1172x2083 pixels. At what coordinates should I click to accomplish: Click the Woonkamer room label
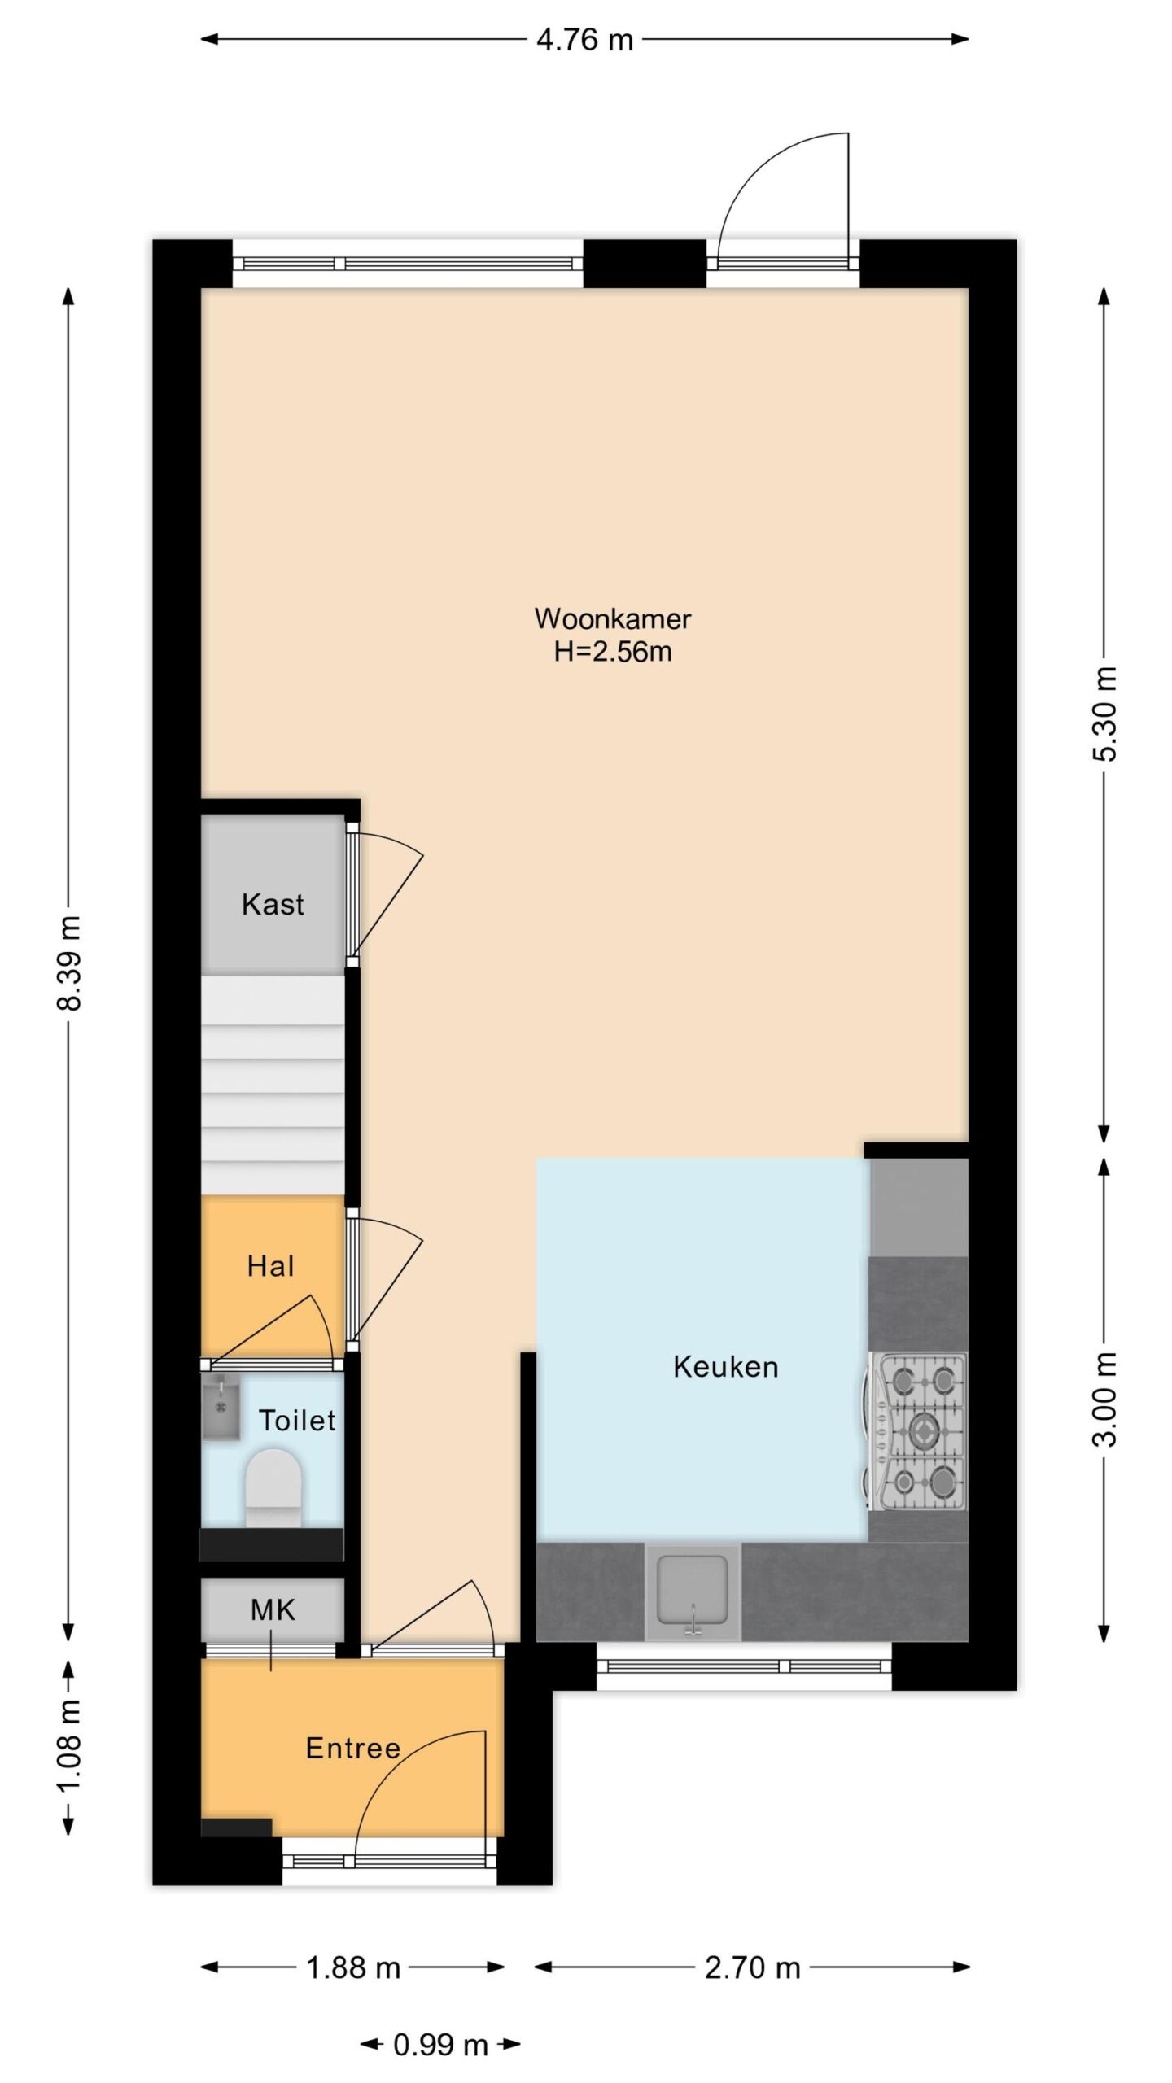pos(612,618)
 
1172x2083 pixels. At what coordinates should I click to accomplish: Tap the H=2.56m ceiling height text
pos(613,652)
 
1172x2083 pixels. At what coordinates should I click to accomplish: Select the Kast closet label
pos(273,904)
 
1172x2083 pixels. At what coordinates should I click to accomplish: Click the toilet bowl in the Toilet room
pos(273,1487)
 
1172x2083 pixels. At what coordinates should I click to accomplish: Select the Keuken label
pos(725,1366)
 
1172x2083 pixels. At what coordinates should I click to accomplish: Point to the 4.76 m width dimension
pos(584,40)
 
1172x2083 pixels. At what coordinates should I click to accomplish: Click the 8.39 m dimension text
pos(69,963)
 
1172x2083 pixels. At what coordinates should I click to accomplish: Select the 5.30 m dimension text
pos(1104,714)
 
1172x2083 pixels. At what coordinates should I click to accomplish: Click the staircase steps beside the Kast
pos(273,1084)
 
